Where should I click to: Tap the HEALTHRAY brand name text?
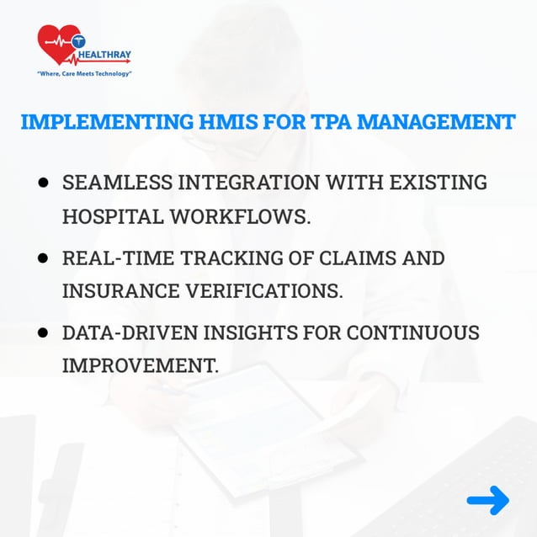(x=105, y=57)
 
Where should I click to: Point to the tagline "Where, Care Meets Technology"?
(x=84, y=74)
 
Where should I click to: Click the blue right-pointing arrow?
(x=488, y=501)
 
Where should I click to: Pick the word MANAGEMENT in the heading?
(x=436, y=121)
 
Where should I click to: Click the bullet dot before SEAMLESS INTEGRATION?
(x=42, y=183)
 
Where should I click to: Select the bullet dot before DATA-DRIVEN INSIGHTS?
(x=42, y=333)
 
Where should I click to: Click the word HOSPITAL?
(x=112, y=215)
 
